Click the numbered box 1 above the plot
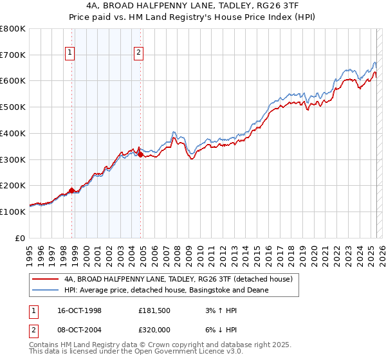(69, 53)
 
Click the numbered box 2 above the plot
(138, 53)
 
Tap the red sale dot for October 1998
(72, 190)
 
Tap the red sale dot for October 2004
(140, 154)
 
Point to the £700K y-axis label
(13, 55)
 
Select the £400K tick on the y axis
(13, 134)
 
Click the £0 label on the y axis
(21, 238)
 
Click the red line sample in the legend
(46, 280)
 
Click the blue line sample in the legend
(46, 291)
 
